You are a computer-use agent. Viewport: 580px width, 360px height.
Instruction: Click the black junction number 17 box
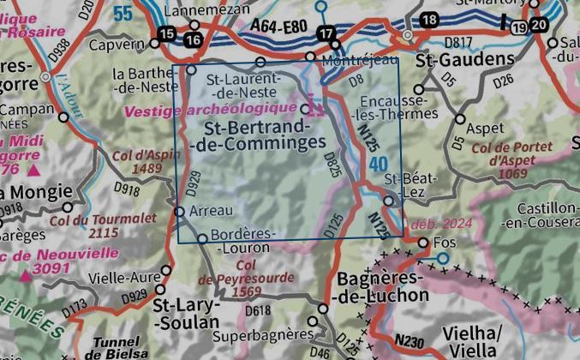[x=325, y=33]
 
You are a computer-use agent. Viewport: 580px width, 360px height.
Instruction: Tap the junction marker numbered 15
[x=167, y=33]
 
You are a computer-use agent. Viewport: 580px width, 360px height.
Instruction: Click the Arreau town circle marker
[x=180, y=211]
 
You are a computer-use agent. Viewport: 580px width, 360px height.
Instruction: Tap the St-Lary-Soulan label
[x=186, y=314]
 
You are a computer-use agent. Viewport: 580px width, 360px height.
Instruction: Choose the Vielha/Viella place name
[x=469, y=339]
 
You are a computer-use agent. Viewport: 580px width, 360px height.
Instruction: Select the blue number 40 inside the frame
[x=380, y=163]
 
